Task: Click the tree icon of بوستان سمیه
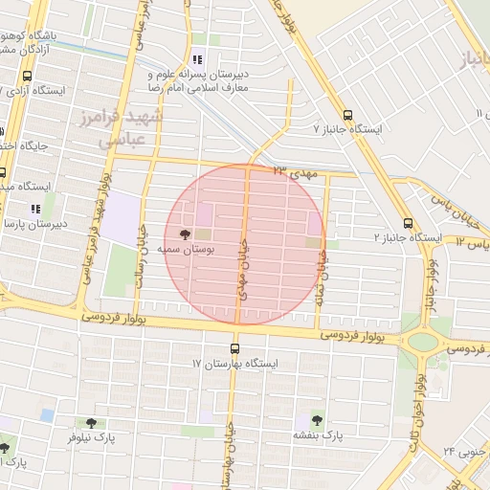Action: pyautogui.click(x=185, y=234)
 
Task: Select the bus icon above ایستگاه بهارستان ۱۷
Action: pyautogui.click(x=234, y=348)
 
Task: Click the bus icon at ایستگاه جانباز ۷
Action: pyautogui.click(x=346, y=112)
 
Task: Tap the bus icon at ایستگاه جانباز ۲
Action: pyautogui.click(x=409, y=221)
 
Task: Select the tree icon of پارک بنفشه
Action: pyautogui.click(x=317, y=419)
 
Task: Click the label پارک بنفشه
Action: pyautogui.click(x=320, y=435)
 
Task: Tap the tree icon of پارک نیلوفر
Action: pyautogui.click(x=92, y=422)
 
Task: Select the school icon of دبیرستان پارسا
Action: pyautogui.click(x=35, y=208)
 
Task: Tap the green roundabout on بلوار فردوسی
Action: pyautogui.click(x=421, y=342)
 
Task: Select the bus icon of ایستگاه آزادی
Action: pyautogui.click(x=27, y=76)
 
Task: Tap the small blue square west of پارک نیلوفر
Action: pyautogui.click(x=48, y=414)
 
